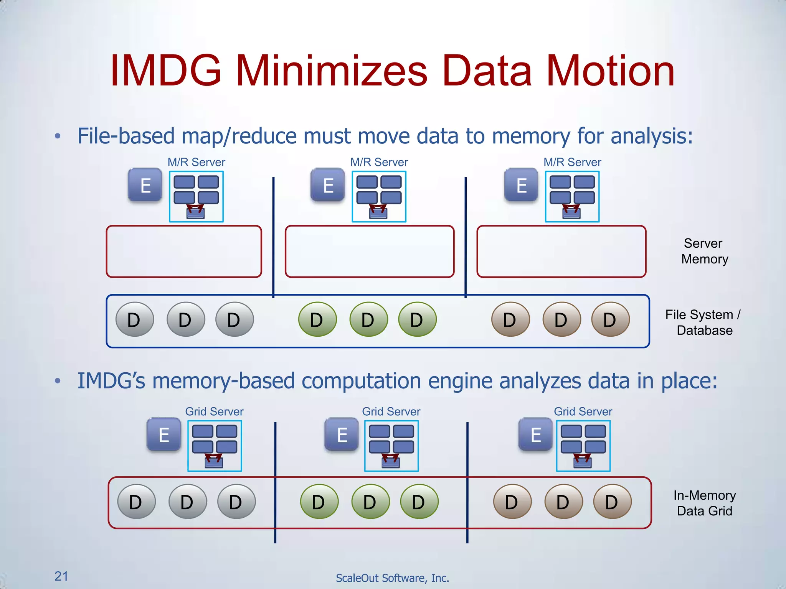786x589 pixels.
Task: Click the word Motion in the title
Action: point(610,71)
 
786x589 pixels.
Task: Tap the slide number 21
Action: point(61,576)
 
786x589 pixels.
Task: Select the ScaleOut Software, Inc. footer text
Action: point(392,578)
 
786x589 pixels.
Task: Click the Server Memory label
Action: point(704,251)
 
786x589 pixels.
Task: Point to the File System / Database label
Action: point(703,322)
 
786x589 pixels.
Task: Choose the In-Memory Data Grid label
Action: point(705,503)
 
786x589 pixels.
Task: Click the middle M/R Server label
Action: point(379,162)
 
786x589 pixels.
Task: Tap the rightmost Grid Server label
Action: point(583,411)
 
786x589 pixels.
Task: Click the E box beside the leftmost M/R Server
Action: point(145,185)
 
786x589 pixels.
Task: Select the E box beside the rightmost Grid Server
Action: point(535,434)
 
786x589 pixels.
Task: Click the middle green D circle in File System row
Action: point(368,319)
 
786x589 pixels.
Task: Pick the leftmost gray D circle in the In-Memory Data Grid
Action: point(136,502)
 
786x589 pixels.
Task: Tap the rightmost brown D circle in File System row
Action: point(610,319)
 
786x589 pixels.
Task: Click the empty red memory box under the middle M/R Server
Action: point(369,251)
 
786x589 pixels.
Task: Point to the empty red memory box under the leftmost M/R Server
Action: point(184,251)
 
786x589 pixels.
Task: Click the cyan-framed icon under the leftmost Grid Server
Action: point(215,446)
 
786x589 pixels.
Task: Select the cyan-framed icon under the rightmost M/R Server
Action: point(572,197)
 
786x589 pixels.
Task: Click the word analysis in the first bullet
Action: point(651,136)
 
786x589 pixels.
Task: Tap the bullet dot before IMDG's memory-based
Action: point(58,381)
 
